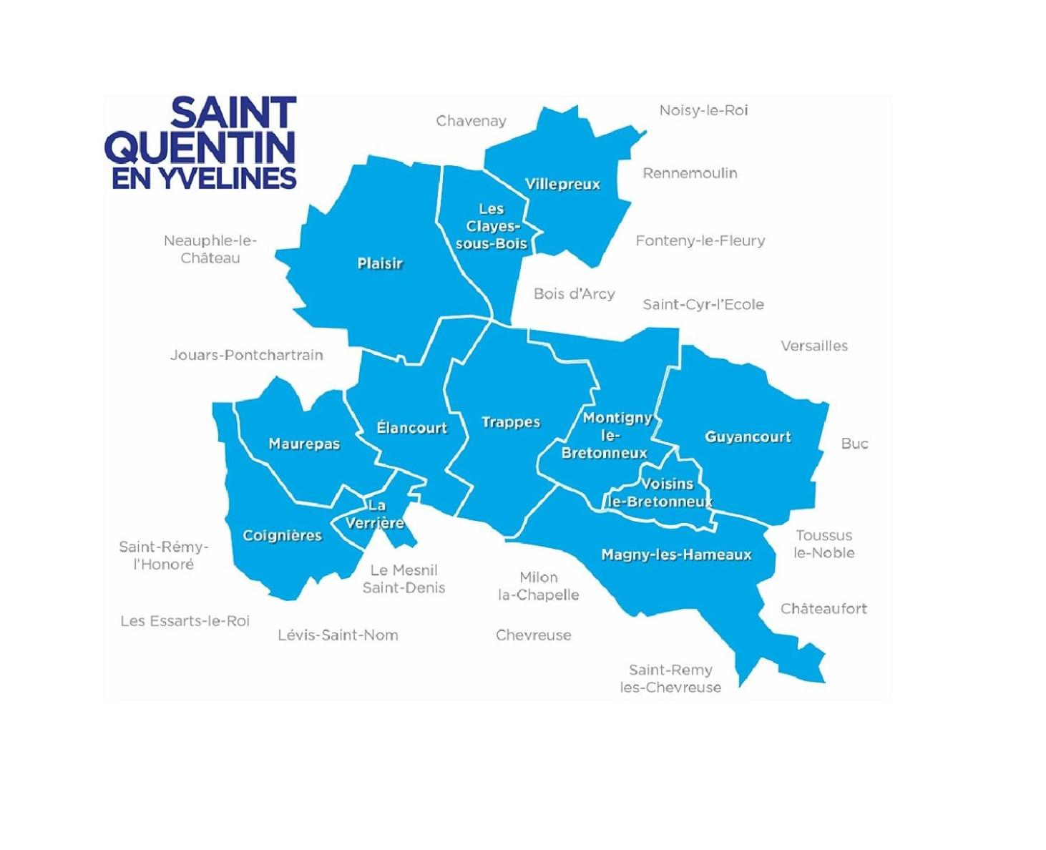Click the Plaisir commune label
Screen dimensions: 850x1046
(x=380, y=264)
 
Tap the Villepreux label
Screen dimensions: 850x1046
(x=562, y=185)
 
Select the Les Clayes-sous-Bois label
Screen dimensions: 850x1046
(x=492, y=226)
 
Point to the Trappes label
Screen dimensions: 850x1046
(x=511, y=422)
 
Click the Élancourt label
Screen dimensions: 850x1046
(x=411, y=428)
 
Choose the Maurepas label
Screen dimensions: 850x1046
(x=304, y=444)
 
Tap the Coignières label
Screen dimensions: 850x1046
(x=283, y=536)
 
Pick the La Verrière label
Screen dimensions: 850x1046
(x=376, y=515)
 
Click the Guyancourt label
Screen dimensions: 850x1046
(x=748, y=437)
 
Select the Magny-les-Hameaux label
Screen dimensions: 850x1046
(x=676, y=555)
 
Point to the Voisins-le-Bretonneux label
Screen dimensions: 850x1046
(x=662, y=493)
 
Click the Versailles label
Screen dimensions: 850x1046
(x=814, y=346)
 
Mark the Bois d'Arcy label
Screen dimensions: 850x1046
(x=574, y=294)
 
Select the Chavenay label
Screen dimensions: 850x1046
(x=471, y=122)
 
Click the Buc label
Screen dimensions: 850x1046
(x=854, y=444)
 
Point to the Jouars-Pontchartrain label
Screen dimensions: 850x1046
(x=246, y=355)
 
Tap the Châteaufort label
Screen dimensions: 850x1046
(x=823, y=609)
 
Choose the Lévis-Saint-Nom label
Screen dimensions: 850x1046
(x=338, y=635)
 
